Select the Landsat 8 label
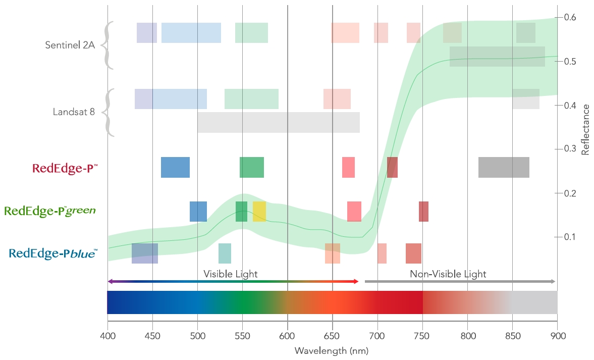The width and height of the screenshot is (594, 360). point(74,112)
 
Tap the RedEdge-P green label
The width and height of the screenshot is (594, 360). point(49,210)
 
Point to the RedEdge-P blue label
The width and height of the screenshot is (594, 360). point(53,253)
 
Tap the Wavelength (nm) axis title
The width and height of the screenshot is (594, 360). point(332,350)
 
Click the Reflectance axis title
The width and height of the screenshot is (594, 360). point(585,129)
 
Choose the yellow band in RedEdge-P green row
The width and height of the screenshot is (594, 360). point(259,211)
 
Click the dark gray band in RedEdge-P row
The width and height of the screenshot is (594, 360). point(504,167)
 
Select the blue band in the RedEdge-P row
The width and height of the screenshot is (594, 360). point(175,167)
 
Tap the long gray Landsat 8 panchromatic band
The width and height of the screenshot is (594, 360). point(279,122)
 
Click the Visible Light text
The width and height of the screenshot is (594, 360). point(230,274)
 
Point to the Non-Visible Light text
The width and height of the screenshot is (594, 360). point(448,274)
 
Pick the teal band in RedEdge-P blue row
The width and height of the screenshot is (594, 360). point(225,253)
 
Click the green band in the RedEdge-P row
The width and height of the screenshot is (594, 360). point(252,167)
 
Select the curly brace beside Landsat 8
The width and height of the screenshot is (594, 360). point(109,112)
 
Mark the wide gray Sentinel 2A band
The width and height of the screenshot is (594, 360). point(497,57)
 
